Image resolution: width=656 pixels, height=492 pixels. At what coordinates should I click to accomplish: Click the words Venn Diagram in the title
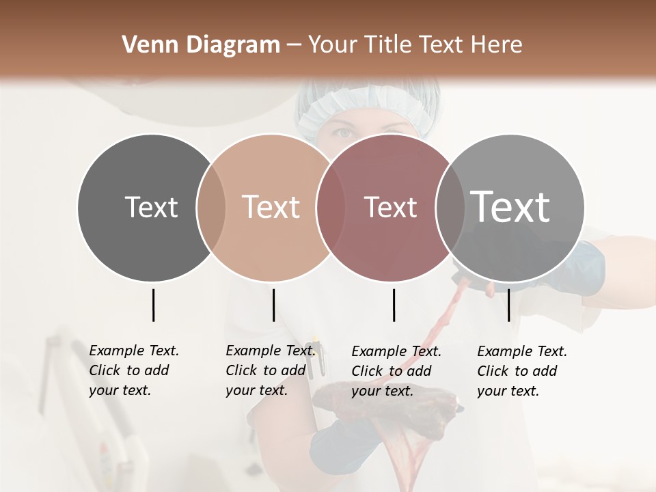pos(201,45)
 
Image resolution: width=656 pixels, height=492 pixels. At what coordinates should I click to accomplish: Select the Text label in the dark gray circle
pos(151,207)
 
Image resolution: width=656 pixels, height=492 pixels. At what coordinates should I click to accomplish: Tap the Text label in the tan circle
pos(271,207)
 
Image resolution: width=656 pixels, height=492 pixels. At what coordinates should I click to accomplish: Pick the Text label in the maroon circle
pos(390,207)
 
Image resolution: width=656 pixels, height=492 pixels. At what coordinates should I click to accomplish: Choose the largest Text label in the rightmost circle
pos(510,206)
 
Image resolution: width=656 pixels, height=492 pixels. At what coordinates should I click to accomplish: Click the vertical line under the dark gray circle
pos(153,305)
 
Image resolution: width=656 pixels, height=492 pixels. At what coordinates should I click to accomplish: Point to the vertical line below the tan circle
pos(273,305)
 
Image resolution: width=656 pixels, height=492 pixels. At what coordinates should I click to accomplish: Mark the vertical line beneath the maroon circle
pos(394,305)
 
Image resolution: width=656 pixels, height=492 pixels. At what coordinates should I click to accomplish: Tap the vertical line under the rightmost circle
pos(508,305)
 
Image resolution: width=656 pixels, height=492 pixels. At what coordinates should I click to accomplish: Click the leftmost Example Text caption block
pos(133,370)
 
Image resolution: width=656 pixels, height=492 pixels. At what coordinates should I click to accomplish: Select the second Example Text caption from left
pos(270,370)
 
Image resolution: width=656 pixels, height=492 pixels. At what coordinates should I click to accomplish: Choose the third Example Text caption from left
pos(396,371)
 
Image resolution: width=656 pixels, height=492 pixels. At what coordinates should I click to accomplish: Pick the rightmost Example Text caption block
pos(521,371)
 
